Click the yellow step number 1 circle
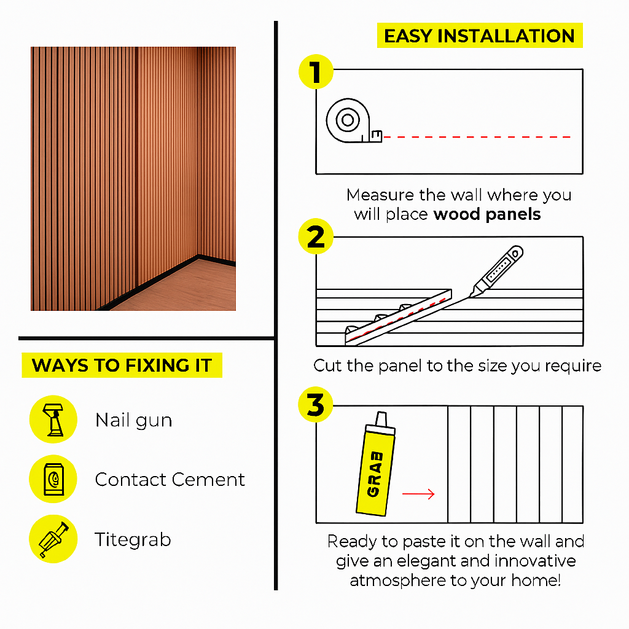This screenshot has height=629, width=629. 316,72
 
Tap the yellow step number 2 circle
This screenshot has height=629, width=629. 316,236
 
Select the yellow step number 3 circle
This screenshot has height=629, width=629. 316,404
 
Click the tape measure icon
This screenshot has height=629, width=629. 353,120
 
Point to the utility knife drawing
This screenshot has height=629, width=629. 496,271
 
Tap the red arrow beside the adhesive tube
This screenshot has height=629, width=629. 418,494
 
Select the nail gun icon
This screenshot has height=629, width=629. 53,419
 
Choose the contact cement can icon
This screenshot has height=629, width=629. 53,479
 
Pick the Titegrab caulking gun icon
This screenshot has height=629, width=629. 53,539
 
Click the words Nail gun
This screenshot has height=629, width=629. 133,420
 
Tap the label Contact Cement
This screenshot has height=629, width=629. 170,479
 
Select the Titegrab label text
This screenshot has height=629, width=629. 133,540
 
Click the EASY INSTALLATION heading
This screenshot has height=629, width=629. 479,36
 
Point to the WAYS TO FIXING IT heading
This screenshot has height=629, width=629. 122,365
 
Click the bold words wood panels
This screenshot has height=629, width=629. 487,214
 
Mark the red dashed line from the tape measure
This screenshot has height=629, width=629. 477,137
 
